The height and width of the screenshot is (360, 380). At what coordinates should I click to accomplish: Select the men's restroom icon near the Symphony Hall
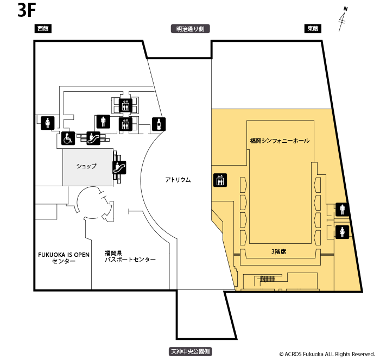pos(343,209)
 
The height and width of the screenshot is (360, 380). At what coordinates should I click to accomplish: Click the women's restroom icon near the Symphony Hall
pos(343,232)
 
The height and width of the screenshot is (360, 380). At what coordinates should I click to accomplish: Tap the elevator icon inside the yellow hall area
pos(220,180)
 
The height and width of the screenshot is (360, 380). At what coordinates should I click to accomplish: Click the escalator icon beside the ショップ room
pos(119,167)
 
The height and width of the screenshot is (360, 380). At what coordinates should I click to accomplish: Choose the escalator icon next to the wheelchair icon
pos(93,138)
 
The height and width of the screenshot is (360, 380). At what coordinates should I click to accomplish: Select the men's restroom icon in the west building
pos(104,122)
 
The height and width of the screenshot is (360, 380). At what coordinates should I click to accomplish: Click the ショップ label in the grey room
pos(86,166)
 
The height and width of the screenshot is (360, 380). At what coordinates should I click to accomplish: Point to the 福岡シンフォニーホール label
pos(280,141)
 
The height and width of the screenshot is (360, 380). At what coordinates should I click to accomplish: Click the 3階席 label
pos(280,251)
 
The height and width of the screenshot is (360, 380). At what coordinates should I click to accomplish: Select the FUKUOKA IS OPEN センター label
pos(64,257)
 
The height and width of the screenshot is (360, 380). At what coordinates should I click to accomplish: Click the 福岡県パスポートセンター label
pos(130,256)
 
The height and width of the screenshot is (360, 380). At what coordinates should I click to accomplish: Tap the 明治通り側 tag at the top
pos(189,29)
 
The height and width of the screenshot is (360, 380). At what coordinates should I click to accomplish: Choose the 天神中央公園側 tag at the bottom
pos(190,352)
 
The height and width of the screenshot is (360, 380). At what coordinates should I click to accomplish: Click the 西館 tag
pos(43,29)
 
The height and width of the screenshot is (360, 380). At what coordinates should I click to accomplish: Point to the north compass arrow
pos(343,18)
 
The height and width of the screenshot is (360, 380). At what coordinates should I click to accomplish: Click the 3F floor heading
pos(26,11)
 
